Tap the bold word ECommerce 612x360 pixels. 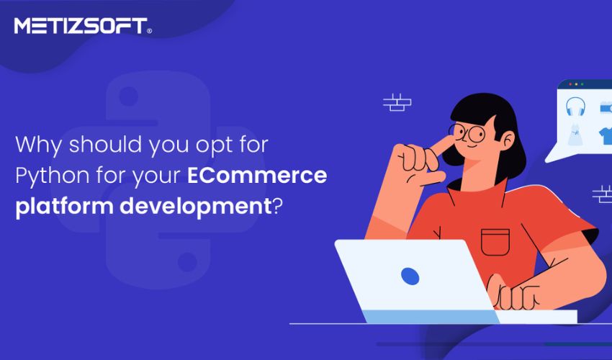(x=257, y=175)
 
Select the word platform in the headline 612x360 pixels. (x=64, y=206)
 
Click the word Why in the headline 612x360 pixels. (x=39, y=145)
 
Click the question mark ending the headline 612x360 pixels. (x=276, y=205)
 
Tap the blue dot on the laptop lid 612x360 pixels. (x=410, y=276)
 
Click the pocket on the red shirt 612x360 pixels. (x=495, y=242)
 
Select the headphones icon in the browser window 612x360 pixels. (x=575, y=107)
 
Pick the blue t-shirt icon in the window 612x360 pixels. (x=606, y=135)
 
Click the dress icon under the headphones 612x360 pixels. (x=575, y=133)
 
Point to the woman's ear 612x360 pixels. (x=507, y=140)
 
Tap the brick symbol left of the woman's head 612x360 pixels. (x=397, y=102)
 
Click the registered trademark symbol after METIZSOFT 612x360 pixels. (x=149, y=31)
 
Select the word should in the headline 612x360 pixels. (x=105, y=145)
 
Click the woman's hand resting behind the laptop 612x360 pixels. (x=513, y=292)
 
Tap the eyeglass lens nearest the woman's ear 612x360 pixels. (x=476, y=135)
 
